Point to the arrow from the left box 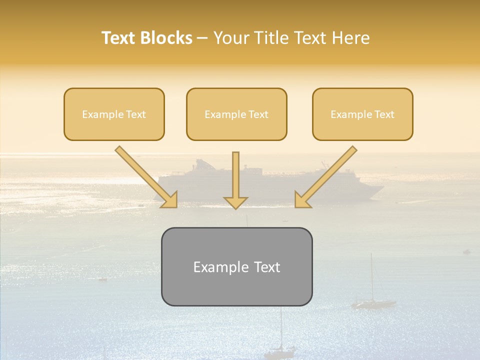click(x=145, y=176)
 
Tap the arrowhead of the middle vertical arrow click(x=235, y=202)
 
